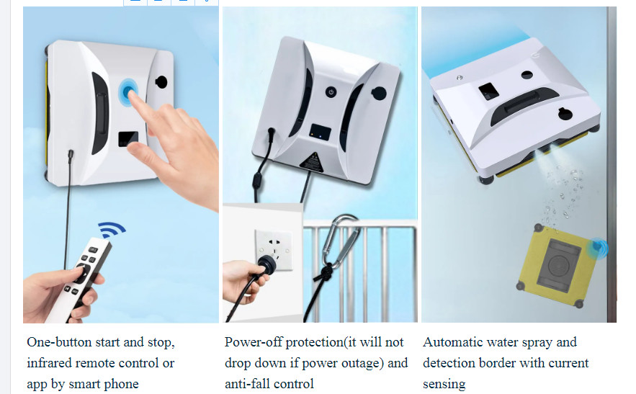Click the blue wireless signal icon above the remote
[x=111, y=230]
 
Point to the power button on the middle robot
[x=331, y=92]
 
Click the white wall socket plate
[x=274, y=249]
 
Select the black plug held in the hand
[x=267, y=264]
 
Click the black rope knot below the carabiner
[x=326, y=271]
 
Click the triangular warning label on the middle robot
[x=311, y=162]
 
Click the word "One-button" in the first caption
[x=59, y=342]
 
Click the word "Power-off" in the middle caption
[x=254, y=342]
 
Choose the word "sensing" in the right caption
[x=444, y=384]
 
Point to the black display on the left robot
[x=128, y=139]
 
